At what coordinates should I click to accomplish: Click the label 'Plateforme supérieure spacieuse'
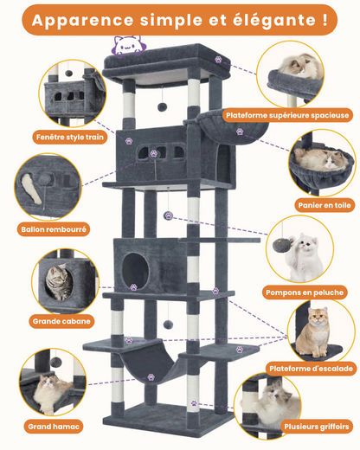[286, 113]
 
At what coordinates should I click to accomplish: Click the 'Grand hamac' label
[54, 427]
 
